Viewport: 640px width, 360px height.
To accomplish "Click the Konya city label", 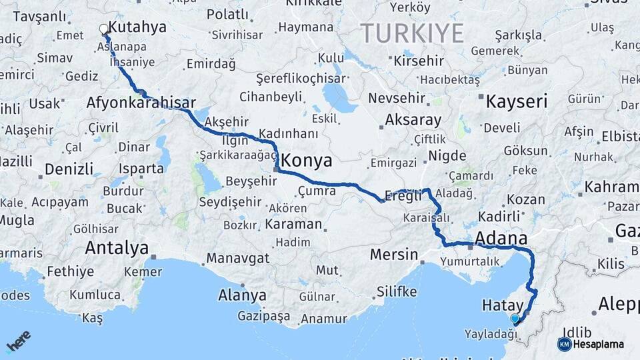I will pos(307,161).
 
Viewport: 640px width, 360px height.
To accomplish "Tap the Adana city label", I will pos(501,238).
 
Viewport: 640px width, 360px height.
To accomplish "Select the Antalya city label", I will pos(117,248).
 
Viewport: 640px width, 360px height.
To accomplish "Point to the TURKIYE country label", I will pos(412,33).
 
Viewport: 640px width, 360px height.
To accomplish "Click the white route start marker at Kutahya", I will pos(104,29).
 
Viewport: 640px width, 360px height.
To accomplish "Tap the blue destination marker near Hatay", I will pos(515,319).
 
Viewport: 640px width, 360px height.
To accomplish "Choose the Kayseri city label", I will pos(516,102).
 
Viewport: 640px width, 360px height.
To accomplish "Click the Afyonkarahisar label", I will pos(141,103).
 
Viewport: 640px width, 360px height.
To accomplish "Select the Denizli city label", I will pos(69,168).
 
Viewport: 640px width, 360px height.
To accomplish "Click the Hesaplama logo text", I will pos(598,344).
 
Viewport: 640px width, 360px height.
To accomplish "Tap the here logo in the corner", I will pos(18,341).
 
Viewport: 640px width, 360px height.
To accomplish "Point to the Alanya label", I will pos(243,295).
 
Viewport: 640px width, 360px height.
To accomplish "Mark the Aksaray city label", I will pos(413,121).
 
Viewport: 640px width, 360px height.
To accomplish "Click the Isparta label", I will pos(141,168).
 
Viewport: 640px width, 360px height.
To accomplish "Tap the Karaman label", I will pos(293,224).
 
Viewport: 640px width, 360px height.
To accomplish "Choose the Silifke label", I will pos(397,291).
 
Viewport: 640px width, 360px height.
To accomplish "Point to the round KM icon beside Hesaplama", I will pos(564,344).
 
